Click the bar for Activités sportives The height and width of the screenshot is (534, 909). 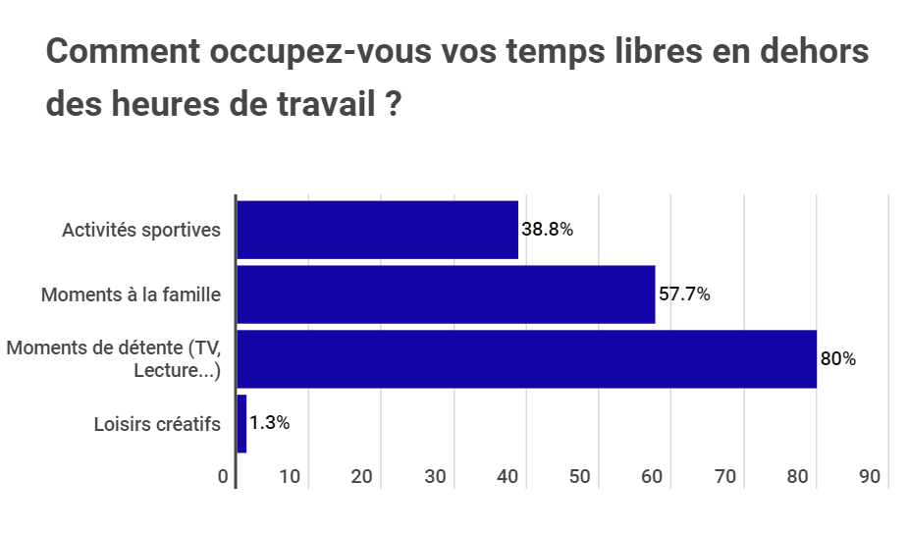(x=378, y=230)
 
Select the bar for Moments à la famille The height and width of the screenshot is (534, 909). (x=446, y=294)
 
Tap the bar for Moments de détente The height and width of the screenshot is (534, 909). (x=526, y=359)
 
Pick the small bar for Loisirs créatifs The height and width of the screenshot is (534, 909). (x=241, y=424)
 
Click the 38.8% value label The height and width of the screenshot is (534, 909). (x=547, y=230)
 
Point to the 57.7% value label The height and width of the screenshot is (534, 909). (x=684, y=294)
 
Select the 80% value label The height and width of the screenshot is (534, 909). (x=838, y=359)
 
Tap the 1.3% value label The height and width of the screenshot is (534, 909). (x=269, y=424)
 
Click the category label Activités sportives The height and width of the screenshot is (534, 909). (x=141, y=230)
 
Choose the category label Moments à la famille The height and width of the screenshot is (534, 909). (x=131, y=294)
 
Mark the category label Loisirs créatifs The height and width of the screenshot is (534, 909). (x=157, y=424)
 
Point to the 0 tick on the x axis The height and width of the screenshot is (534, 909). (x=224, y=477)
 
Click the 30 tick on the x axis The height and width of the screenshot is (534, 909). (x=436, y=477)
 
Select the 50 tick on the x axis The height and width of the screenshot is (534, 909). (x=580, y=477)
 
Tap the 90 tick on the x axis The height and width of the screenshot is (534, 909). (x=870, y=477)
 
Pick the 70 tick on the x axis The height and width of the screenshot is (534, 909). (x=725, y=477)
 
